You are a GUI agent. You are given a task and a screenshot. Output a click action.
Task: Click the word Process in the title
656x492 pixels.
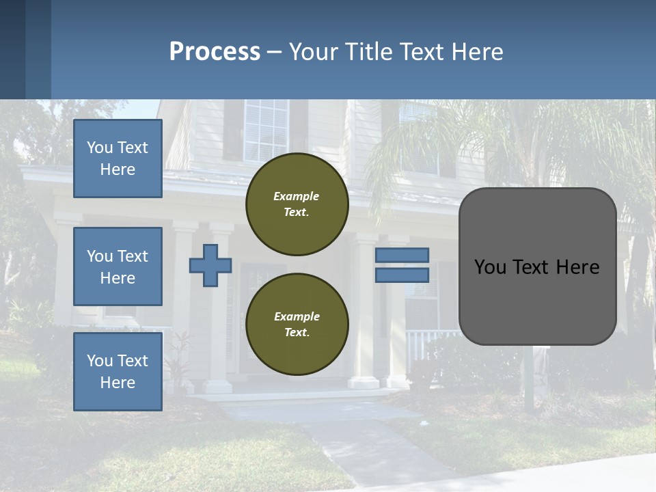click(215, 52)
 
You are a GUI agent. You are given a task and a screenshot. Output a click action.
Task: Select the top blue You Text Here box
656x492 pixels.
click(118, 159)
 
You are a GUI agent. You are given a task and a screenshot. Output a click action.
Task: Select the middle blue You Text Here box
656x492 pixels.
click(118, 266)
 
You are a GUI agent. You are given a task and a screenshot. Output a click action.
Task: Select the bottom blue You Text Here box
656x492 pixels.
click(118, 372)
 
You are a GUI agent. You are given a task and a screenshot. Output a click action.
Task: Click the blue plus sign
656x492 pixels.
click(210, 265)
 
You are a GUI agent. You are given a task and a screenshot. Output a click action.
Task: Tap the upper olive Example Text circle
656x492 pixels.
click(297, 204)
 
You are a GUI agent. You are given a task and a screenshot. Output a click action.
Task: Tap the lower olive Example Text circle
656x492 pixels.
click(297, 325)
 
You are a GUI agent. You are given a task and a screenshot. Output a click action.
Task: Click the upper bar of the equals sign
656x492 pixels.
click(402, 255)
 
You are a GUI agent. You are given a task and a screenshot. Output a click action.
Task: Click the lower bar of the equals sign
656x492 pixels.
click(402, 275)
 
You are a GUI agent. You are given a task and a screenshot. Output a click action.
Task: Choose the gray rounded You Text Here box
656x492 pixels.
click(538, 266)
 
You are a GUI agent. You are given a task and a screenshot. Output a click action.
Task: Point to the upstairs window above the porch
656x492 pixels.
click(266, 130)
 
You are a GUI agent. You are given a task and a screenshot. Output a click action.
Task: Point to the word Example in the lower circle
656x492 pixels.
click(297, 316)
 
